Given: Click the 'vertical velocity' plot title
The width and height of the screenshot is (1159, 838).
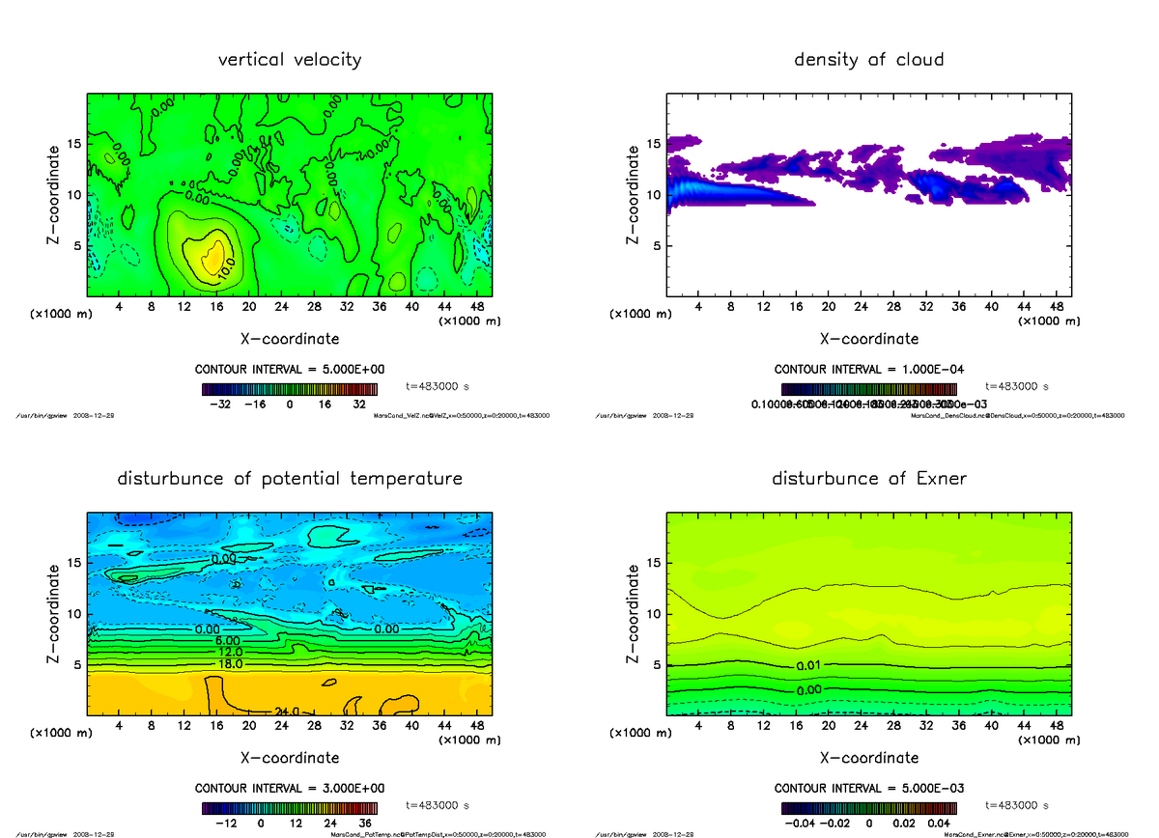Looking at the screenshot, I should pos(290,60).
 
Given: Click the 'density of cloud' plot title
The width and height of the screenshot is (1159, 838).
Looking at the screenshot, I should pos(868,60).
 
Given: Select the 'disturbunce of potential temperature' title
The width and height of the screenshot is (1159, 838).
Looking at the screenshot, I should pos(290,479).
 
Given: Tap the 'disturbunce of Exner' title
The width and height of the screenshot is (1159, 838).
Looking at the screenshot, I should pos(868,479).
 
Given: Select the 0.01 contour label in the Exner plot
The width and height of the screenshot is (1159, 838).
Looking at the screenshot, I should pos(809,666).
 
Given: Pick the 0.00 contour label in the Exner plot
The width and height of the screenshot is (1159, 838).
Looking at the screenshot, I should pos(809,690).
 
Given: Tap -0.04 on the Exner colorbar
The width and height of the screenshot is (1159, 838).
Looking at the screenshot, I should pos(798,824).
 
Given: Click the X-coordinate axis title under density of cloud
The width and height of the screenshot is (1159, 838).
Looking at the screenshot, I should pos(868,339).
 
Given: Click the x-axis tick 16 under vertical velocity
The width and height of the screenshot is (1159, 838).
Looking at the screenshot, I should pos(216,307).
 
